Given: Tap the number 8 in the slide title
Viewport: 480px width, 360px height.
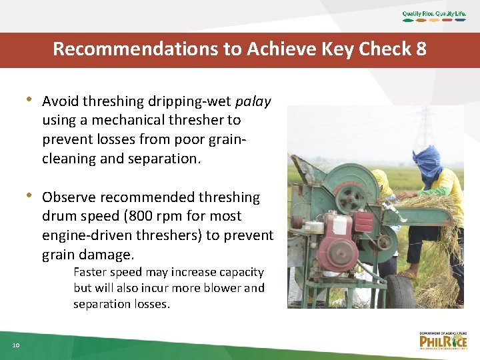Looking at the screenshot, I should click(420, 49).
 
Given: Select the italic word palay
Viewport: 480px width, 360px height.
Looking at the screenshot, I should click(253, 101).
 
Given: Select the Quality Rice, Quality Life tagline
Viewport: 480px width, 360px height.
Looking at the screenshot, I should click(434, 14).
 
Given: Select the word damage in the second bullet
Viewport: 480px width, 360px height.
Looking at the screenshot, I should click(105, 255).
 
